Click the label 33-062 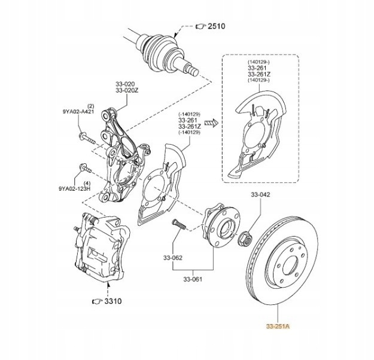(x=172, y=258)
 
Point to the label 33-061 (x=194, y=279)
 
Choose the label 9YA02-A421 (x=78, y=111)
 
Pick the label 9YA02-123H (x=74, y=188)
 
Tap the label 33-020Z (x=127, y=90)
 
